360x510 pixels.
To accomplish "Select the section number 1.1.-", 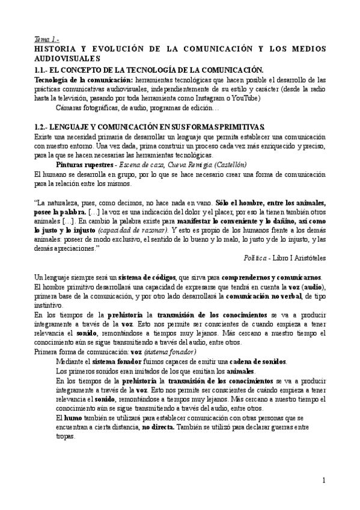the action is pos(44,70).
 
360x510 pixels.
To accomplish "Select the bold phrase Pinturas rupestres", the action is pos(82,164).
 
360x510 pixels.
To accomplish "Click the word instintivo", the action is pos(50,306).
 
